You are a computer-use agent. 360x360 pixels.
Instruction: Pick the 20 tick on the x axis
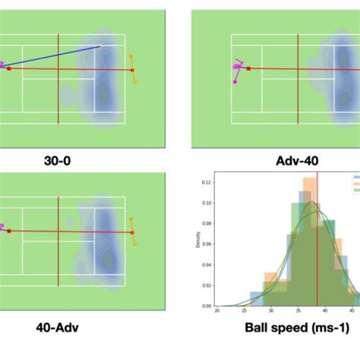217,311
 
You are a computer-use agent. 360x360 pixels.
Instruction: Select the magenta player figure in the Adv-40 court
238,70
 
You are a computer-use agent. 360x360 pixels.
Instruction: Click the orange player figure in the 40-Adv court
133,235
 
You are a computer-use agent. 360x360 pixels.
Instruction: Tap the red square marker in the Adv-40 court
248,69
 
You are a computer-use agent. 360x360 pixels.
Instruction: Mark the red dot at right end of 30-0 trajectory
132,70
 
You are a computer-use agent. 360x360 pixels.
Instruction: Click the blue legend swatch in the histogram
355,180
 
